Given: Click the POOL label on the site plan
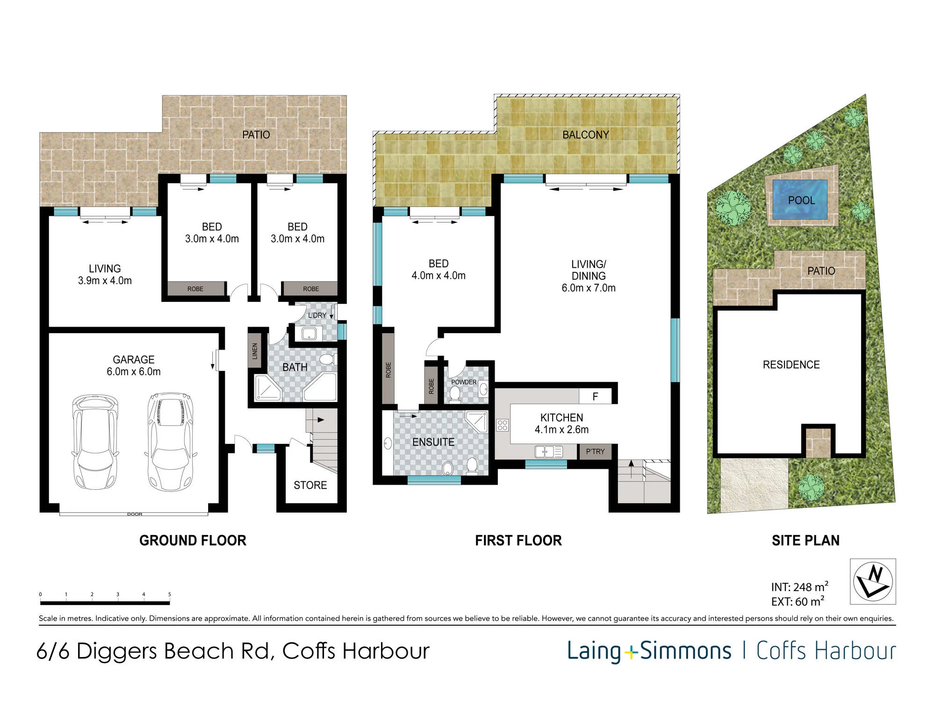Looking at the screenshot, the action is (801, 200).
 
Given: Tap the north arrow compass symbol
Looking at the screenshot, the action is (873, 582).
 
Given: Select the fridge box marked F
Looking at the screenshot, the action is (595, 396).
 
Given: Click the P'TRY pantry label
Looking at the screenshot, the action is (595, 451).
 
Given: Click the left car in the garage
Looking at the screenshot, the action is (95, 443).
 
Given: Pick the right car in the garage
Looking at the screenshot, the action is (171, 442).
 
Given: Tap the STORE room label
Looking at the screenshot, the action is (310, 485).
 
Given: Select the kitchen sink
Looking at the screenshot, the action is (548, 451).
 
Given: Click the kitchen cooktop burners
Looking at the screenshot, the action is (503, 425).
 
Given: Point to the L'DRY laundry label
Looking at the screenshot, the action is (317, 315).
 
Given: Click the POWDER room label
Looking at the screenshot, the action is (464, 382).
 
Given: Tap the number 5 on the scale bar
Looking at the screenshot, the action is (169, 594).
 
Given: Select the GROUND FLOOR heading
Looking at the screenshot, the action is (193, 541).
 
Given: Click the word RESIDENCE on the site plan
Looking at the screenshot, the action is (791, 365).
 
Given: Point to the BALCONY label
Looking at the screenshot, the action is (586, 135).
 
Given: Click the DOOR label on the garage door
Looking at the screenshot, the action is (135, 514).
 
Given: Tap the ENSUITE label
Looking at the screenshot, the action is (433, 442).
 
